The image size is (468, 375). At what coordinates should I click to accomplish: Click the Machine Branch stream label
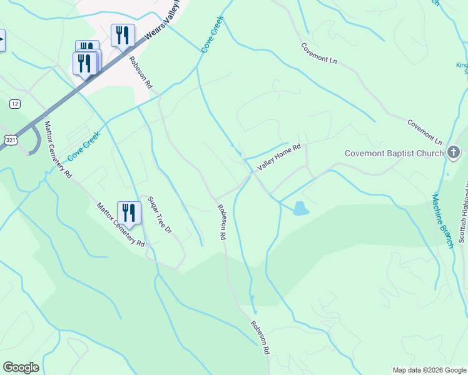[442, 221]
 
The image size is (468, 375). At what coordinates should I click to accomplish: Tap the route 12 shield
[14, 102]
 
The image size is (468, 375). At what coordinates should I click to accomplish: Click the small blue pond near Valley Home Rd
[300, 209]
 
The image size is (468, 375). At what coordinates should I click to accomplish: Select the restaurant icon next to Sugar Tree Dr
[129, 212]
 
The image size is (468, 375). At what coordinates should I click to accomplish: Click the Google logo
[21, 367]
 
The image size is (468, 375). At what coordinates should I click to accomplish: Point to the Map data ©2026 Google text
[429, 370]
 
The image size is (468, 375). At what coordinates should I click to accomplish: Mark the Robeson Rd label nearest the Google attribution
[259, 339]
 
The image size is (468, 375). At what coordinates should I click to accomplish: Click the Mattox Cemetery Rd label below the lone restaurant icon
[120, 224]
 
